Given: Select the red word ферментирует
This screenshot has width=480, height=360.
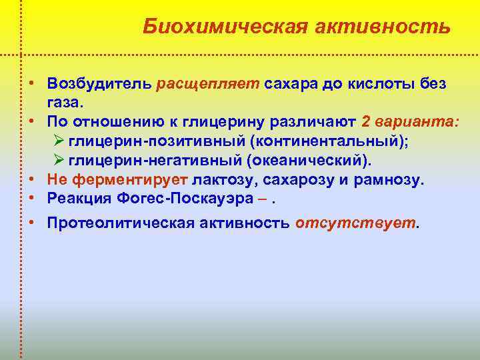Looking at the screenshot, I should [x=130, y=179].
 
